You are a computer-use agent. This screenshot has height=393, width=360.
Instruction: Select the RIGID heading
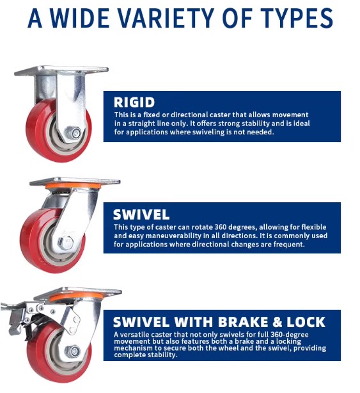pos(135,101)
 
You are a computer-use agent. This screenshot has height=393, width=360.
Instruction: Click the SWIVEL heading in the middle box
pos(143,214)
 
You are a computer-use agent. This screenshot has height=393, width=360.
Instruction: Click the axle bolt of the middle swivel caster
pos(65,243)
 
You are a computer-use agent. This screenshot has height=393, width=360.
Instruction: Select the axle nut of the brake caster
pos(74,351)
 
